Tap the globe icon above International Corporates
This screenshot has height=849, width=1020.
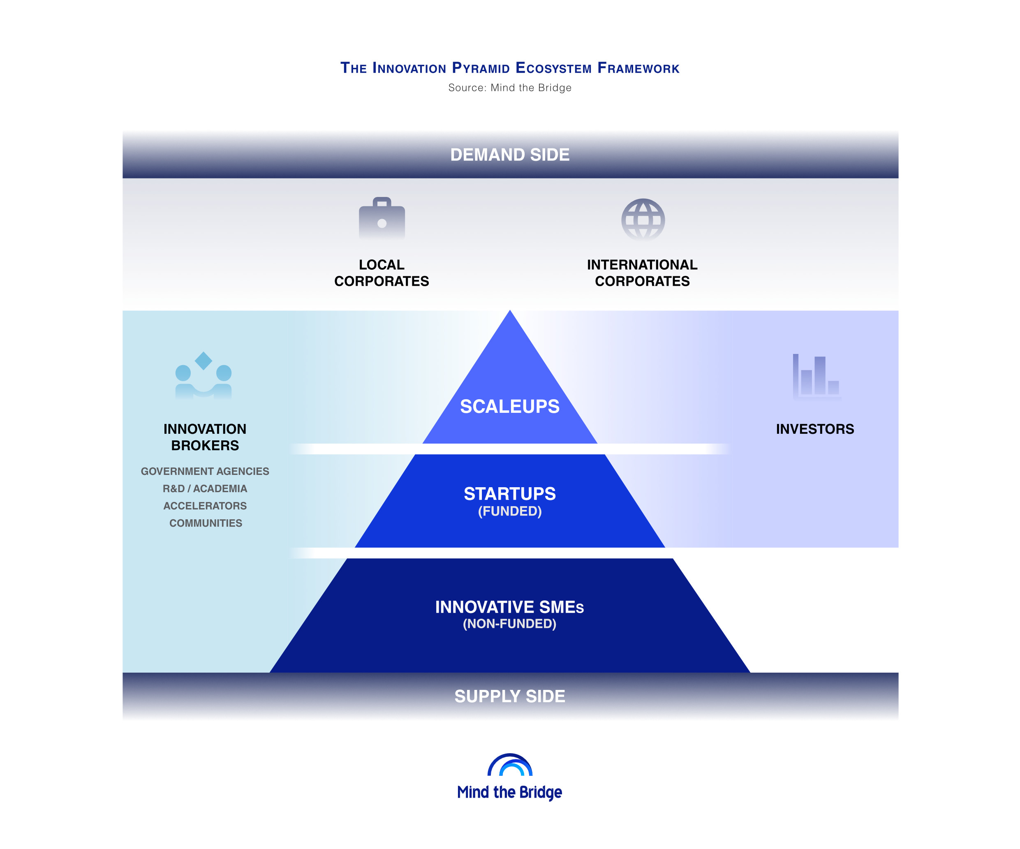click(643, 220)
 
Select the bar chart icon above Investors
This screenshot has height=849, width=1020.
click(816, 377)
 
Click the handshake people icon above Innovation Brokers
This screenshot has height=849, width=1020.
click(204, 375)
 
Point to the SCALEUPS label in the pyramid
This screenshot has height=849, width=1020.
click(509, 407)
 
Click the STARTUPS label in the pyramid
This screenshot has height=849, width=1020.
click(509, 493)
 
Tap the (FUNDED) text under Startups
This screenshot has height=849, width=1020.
click(509, 511)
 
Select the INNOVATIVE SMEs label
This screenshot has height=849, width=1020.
click(509, 607)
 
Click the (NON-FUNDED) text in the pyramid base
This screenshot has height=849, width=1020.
click(509, 624)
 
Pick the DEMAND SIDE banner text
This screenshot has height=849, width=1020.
click(509, 155)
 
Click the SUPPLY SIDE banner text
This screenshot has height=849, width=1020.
click(509, 696)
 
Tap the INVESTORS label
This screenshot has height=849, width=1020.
click(814, 429)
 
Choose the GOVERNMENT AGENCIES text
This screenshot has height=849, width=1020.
click(205, 471)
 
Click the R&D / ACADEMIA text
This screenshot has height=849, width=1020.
click(205, 488)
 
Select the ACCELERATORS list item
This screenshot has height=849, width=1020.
click(205, 506)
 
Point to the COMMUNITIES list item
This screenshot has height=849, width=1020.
click(206, 523)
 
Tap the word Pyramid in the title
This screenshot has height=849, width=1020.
click(481, 67)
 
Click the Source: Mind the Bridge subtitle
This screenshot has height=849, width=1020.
click(509, 88)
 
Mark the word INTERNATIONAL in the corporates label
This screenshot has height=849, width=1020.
click(642, 265)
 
